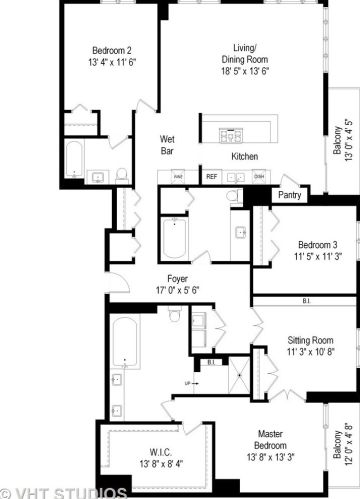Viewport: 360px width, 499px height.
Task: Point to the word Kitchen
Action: (244, 157)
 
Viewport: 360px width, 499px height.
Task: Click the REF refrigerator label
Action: (212, 177)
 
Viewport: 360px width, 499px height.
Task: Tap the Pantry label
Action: (290, 195)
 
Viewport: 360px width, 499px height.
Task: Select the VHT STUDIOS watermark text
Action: (65, 492)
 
